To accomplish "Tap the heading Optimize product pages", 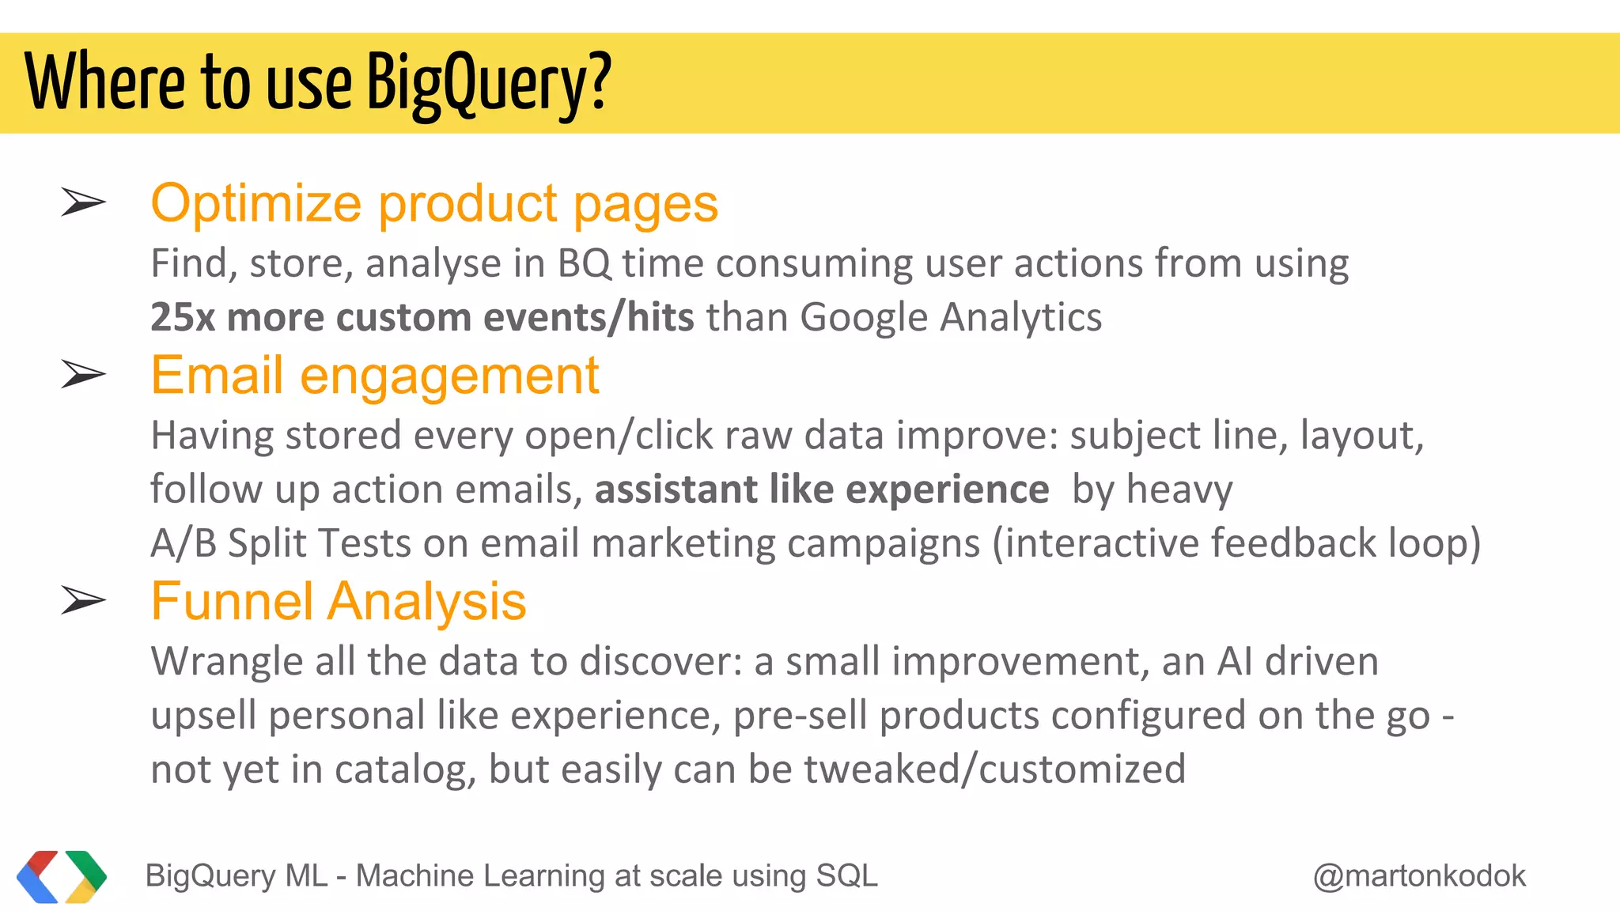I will coord(434,203).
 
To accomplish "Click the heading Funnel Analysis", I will coord(339,601).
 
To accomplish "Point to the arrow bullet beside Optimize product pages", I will coord(83,203).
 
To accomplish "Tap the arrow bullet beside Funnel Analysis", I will coord(83,601).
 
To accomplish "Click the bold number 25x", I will coord(183,317).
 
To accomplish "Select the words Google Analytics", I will coord(951,317).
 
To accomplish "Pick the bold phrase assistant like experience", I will coord(822,490).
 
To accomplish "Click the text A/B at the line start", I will coord(183,543).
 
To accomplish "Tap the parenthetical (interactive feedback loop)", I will coord(1236,543).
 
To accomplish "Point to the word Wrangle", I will coord(227,662).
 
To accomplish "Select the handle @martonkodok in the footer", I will coord(1420,876).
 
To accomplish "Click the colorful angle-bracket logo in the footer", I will coord(62,876).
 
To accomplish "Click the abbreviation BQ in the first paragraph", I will coord(585,264).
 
